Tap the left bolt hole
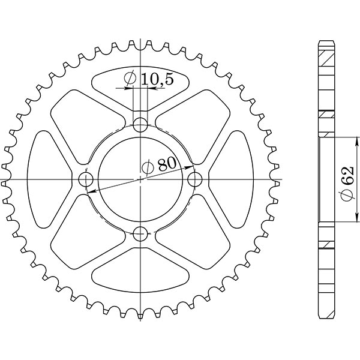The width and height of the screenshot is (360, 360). point(86,179)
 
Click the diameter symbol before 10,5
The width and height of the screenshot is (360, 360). point(130,79)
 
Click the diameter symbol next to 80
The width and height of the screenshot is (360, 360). point(148,167)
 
